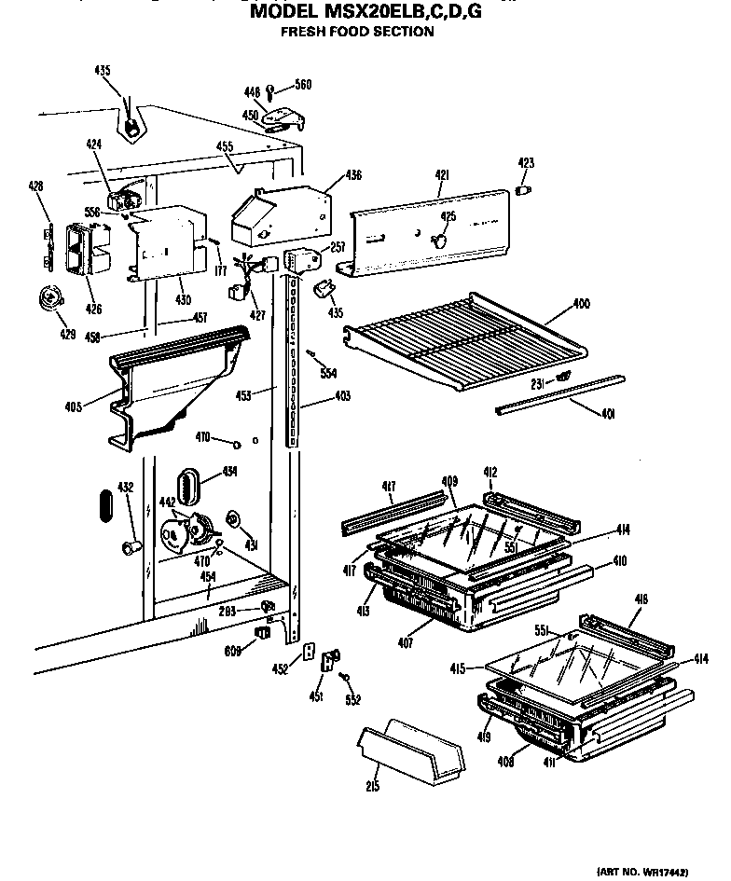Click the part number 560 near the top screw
303,86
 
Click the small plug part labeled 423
524,190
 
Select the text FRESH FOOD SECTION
357,32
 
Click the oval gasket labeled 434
191,485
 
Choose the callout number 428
35,186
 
